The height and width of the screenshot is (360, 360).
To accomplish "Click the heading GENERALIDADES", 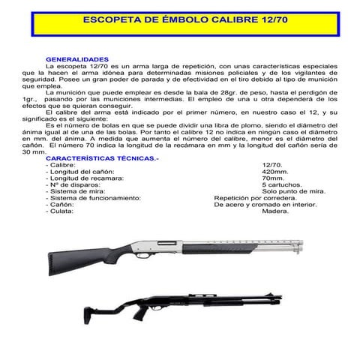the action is [x=78, y=59].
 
